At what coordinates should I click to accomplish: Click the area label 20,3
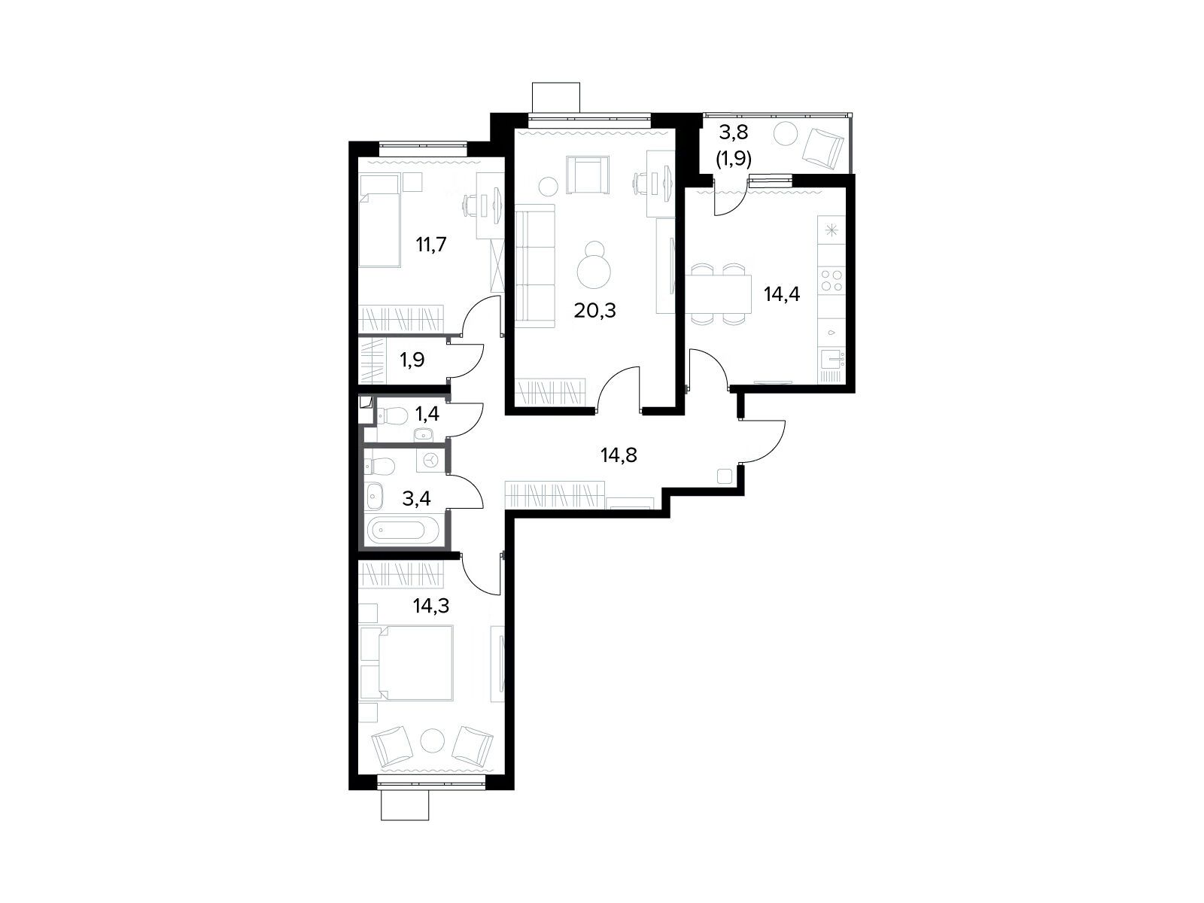tap(594, 312)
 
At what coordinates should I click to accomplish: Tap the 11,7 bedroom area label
tap(430, 245)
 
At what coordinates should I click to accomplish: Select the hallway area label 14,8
tap(619, 455)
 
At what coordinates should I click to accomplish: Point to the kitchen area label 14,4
tap(782, 295)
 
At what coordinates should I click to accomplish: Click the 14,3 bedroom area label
tap(431, 606)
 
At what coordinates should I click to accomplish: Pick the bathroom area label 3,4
tap(416, 499)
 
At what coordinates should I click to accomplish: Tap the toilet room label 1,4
tap(427, 414)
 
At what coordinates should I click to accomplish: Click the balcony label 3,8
tap(734, 132)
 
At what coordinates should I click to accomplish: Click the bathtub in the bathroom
tap(396, 531)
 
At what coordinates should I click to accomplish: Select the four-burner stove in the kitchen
tap(832, 281)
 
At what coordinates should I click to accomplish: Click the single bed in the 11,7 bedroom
tap(379, 220)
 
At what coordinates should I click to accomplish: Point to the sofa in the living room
tap(535, 266)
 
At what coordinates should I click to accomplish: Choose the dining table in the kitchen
tap(718, 294)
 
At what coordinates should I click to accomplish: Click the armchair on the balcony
tap(822, 148)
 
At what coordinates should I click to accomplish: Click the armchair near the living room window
tap(588, 175)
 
